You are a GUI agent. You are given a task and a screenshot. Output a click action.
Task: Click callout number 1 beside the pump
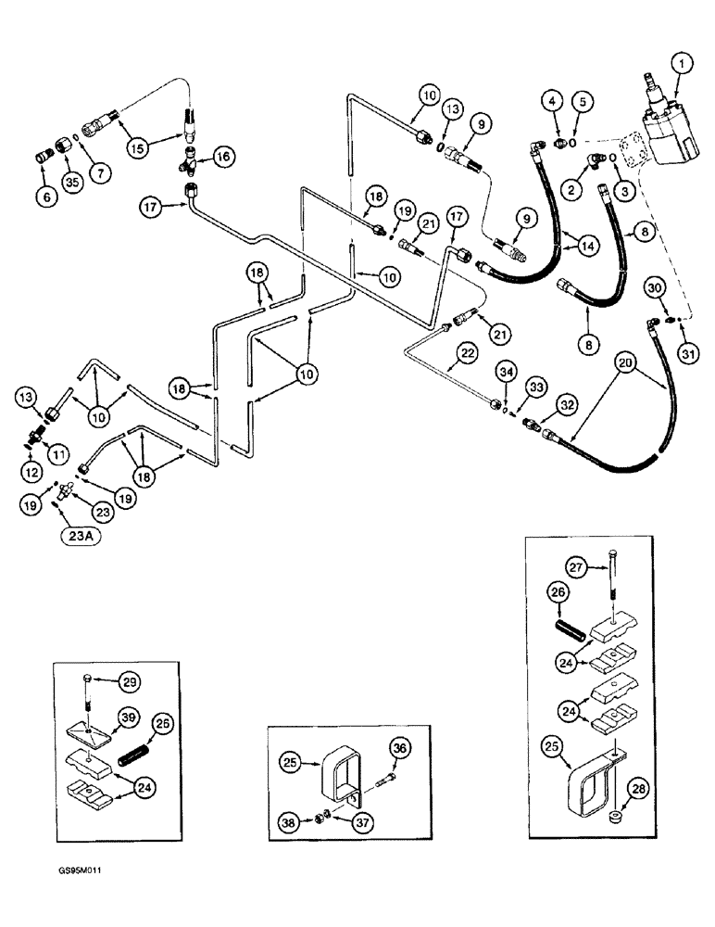pos(684,65)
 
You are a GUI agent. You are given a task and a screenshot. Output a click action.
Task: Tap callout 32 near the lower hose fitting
pos(562,403)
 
